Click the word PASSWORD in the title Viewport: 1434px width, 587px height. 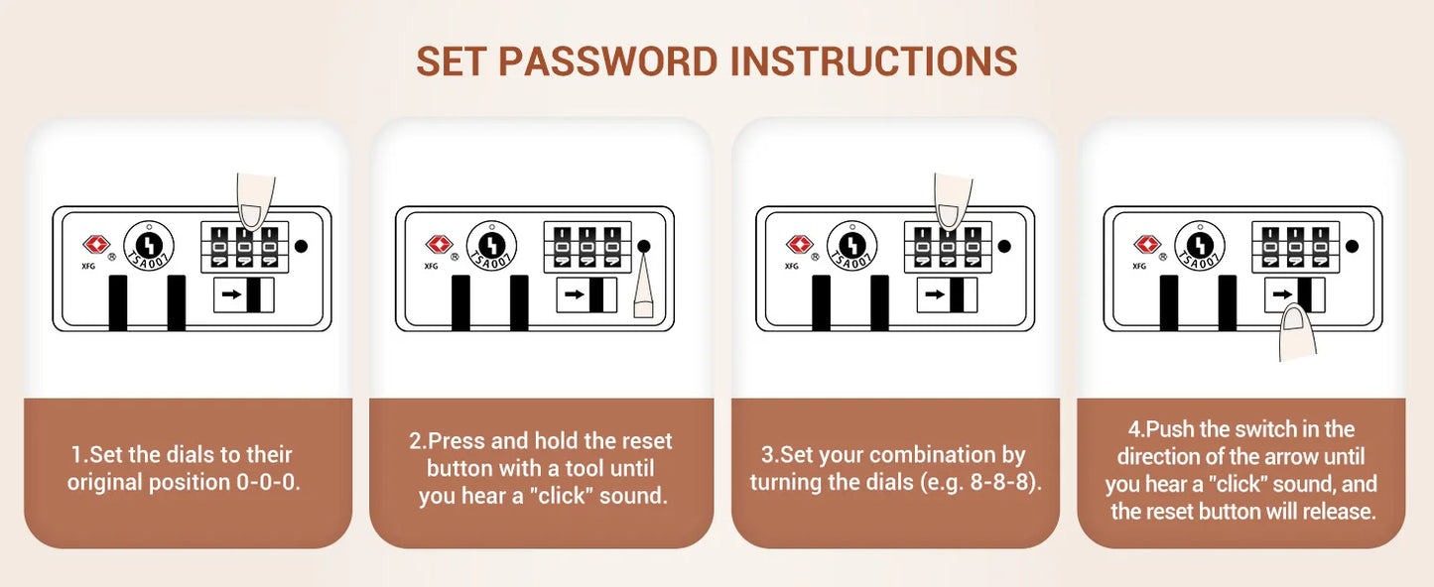pyautogui.click(x=608, y=61)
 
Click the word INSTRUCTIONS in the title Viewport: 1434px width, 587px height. pyautogui.click(x=874, y=61)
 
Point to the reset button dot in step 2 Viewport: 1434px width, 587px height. pyautogui.click(x=644, y=246)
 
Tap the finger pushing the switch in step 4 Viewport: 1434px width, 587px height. pyautogui.click(x=1297, y=334)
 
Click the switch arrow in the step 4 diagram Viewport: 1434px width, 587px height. pyautogui.click(x=1282, y=294)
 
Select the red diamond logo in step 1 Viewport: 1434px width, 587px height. pyautogui.click(x=96, y=244)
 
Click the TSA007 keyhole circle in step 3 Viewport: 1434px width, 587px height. pyautogui.click(x=851, y=246)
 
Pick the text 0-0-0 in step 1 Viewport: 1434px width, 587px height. pyautogui.click(x=268, y=482)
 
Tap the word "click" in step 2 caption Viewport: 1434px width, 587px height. pyautogui.click(x=562, y=496)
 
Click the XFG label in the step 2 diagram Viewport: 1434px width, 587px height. pyautogui.click(x=431, y=266)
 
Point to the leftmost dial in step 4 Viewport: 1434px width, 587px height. pyautogui.click(x=1270, y=246)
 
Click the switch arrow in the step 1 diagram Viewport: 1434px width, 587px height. pyautogui.click(x=232, y=294)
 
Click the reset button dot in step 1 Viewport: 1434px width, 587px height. pyautogui.click(x=301, y=246)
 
